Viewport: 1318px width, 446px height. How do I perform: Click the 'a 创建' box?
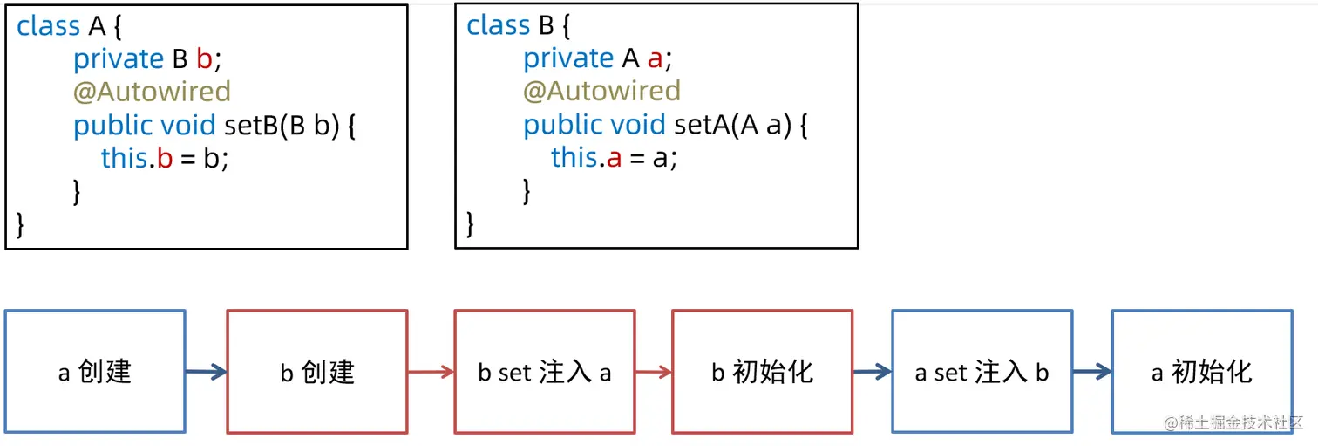click(x=95, y=372)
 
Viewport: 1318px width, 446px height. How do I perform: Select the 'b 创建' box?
click(x=316, y=372)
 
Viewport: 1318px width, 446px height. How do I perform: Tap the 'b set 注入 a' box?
click(x=544, y=372)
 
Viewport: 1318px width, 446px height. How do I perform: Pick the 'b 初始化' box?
click(x=762, y=372)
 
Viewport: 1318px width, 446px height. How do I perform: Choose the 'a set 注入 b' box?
click(x=982, y=372)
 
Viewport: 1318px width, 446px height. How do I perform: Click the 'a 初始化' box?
click(x=1201, y=372)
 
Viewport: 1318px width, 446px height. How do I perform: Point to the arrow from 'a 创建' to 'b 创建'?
click(x=206, y=372)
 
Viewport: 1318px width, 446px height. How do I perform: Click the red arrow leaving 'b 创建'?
click(x=431, y=372)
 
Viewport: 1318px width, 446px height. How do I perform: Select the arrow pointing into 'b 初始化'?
click(x=653, y=372)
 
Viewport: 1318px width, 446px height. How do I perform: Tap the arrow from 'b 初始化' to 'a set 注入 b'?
click(x=872, y=372)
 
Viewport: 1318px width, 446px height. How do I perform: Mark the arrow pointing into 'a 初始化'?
click(x=1092, y=372)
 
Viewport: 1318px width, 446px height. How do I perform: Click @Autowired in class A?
click(x=152, y=92)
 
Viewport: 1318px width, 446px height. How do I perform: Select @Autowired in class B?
click(x=601, y=91)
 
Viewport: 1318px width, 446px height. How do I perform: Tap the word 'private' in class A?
click(x=119, y=58)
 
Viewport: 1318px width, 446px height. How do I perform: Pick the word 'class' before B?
click(x=499, y=25)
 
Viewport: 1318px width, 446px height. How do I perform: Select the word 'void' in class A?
click(x=187, y=126)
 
